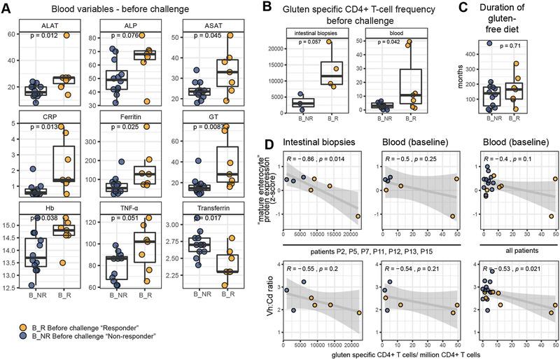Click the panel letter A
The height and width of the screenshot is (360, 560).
[x=8, y=9]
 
